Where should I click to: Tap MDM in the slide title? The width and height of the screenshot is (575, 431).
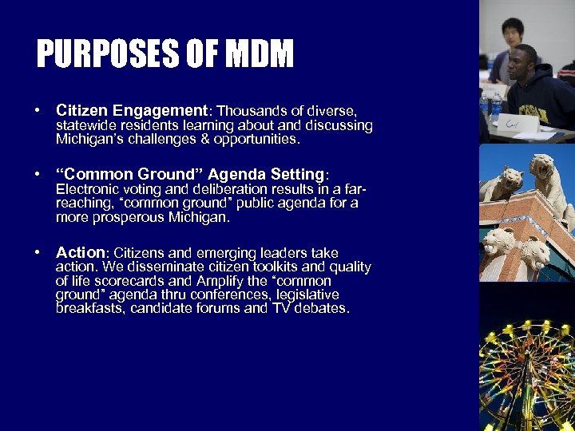(x=260, y=55)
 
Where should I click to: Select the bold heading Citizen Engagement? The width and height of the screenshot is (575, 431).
(x=132, y=111)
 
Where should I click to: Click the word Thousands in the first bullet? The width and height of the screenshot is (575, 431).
(x=248, y=111)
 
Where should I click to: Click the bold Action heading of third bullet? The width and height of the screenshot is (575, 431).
(x=80, y=252)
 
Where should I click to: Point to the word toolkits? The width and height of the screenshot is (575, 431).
(x=259, y=267)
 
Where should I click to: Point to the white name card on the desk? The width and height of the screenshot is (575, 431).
(x=514, y=123)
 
